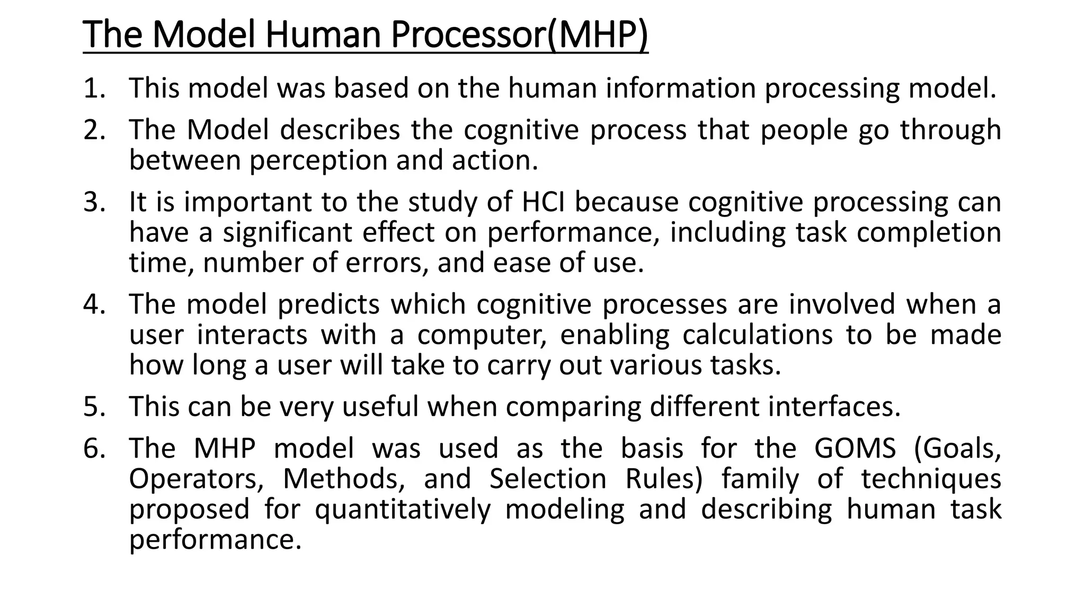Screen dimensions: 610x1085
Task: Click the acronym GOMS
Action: click(x=855, y=448)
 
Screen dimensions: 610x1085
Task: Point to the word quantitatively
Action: click(x=403, y=509)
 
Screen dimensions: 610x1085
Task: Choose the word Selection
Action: click(x=548, y=479)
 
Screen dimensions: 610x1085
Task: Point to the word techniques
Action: click(x=931, y=479)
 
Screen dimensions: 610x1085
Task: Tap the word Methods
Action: click(x=344, y=479)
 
